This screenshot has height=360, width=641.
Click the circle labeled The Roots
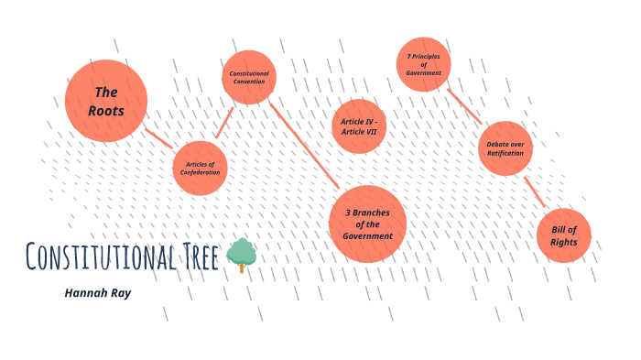pyautogui.click(x=106, y=101)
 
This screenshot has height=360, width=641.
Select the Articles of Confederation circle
pyautogui.click(x=200, y=169)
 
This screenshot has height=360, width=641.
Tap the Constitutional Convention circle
pyautogui.click(x=248, y=77)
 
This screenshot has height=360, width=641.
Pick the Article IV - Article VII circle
pyautogui.click(x=359, y=126)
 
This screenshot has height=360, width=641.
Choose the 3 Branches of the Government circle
pyautogui.click(x=367, y=224)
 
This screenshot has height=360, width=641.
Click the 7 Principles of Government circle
pyautogui.click(x=424, y=65)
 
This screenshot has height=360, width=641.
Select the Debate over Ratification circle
pyautogui.click(x=505, y=147)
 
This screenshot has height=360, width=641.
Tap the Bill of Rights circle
pyautogui.click(x=563, y=235)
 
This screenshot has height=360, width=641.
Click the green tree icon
pyautogui.click(x=242, y=255)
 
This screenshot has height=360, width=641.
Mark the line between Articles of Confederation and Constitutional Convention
pyautogui.click(x=223, y=123)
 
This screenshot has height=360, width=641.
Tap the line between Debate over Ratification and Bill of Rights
pyautogui.click(x=534, y=191)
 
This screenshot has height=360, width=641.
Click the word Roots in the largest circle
pyautogui.click(x=107, y=111)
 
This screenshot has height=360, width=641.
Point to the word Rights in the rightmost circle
pyautogui.click(x=563, y=242)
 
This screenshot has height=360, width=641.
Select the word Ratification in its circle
pyautogui.click(x=505, y=153)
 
